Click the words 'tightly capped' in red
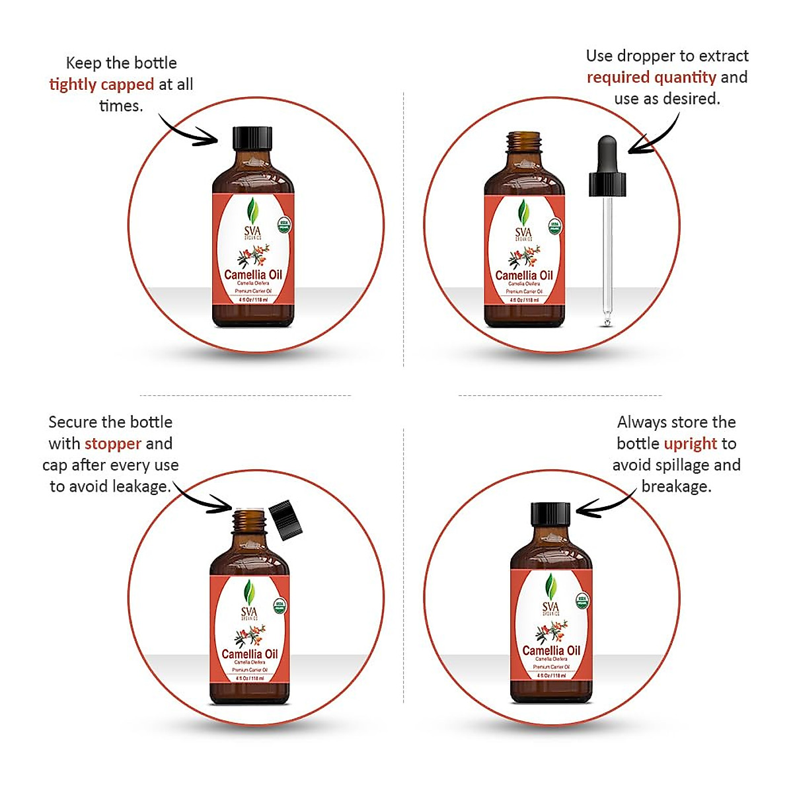tap(101, 85)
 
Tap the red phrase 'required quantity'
tap(651, 77)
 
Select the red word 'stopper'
tap(113, 443)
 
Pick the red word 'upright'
tap(690, 443)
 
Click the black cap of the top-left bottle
tap(252, 138)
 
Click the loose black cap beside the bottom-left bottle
tap(285, 519)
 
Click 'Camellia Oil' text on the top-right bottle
tap(524, 276)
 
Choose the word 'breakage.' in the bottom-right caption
tap(676, 487)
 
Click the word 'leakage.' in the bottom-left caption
tap(140, 487)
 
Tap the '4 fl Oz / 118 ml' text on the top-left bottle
tap(252, 299)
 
